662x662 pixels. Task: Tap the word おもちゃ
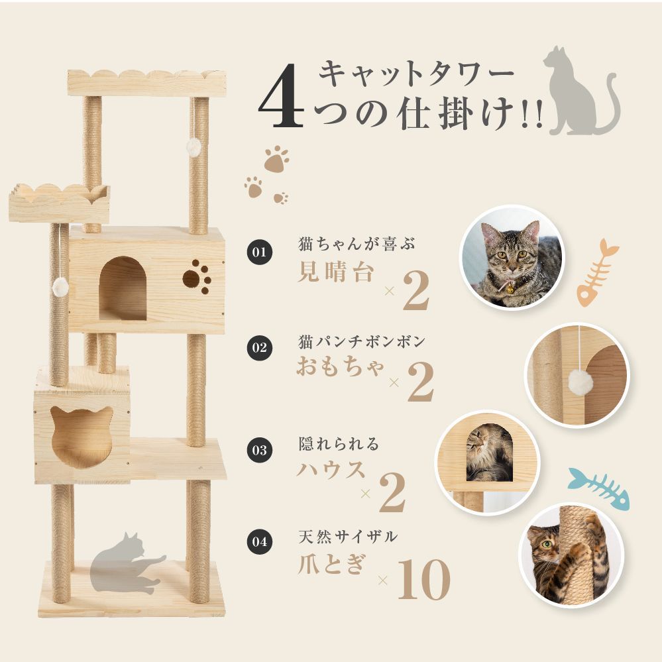point(340,366)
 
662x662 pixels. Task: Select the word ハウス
point(330,469)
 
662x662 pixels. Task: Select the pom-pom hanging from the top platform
point(193,147)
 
